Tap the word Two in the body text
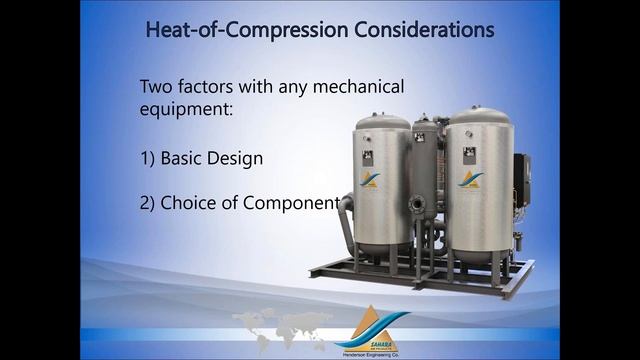click(x=158, y=87)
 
